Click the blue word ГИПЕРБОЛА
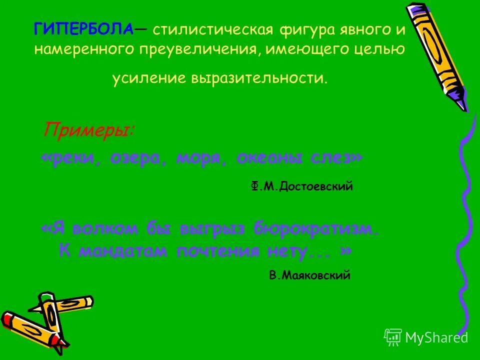[83, 30]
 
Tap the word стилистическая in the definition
[213, 30]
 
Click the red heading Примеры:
[88, 130]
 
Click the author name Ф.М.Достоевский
[302, 186]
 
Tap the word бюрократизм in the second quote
[314, 229]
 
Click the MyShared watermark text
[436, 337]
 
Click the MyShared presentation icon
[393, 337]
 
